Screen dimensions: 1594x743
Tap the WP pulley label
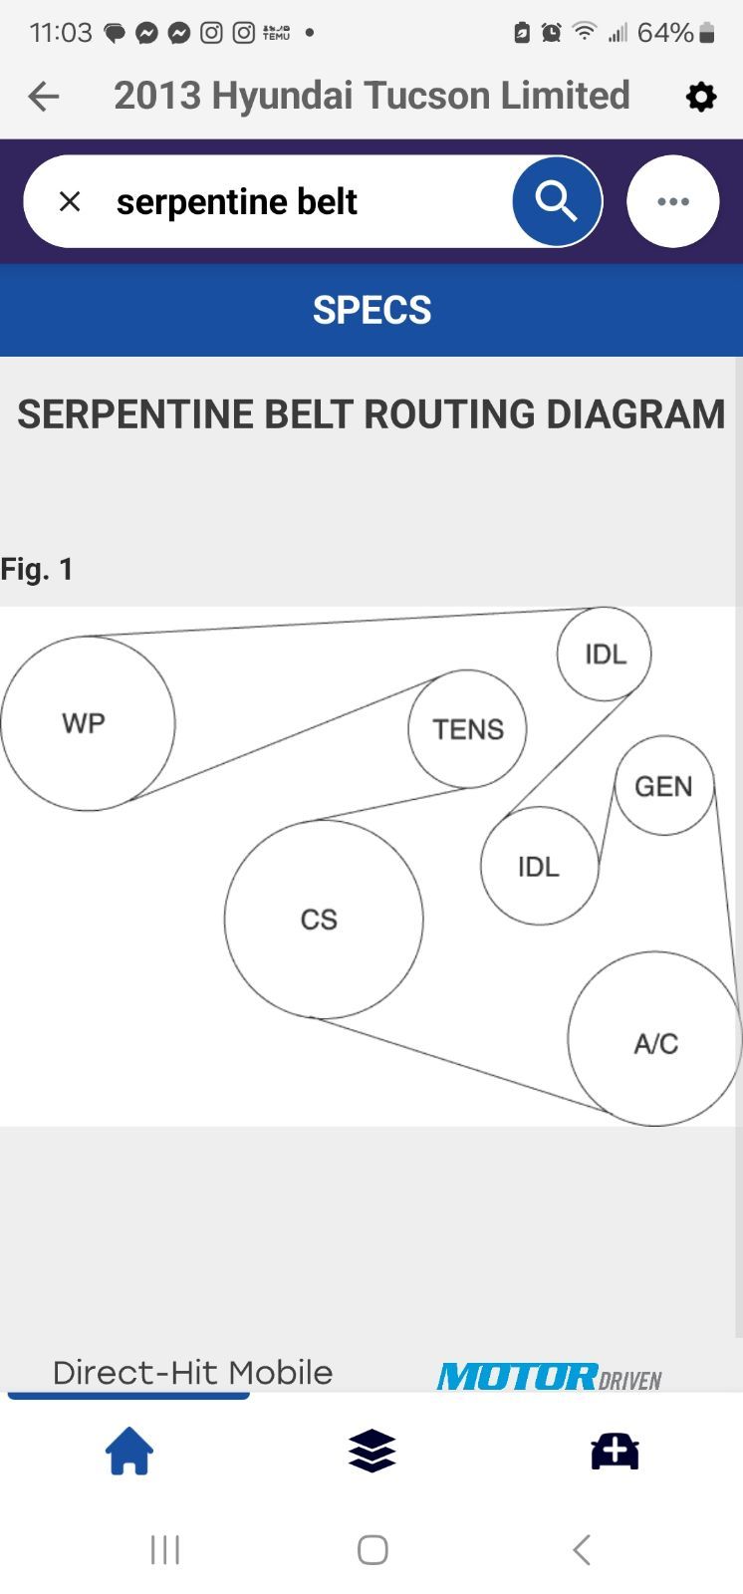(x=84, y=723)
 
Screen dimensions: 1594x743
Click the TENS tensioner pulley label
(x=467, y=729)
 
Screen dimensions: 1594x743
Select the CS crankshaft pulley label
(x=319, y=919)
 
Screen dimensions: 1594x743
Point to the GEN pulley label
(x=663, y=786)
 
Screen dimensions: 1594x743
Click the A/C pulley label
(x=655, y=1043)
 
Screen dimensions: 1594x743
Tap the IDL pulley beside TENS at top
(x=605, y=655)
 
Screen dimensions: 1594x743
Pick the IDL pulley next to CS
(x=539, y=867)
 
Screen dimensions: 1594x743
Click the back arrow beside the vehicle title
(x=44, y=97)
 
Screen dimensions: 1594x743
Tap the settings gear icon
(x=701, y=97)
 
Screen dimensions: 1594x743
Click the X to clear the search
(x=70, y=201)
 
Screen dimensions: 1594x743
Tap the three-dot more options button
(x=672, y=201)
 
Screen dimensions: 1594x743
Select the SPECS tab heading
(x=371, y=310)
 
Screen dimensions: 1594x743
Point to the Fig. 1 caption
(x=37, y=569)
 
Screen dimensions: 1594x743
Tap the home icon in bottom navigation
(x=129, y=1451)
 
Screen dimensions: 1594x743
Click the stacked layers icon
(x=371, y=1451)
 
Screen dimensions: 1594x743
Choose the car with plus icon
(x=615, y=1451)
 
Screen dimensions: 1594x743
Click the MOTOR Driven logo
(x=549, y=1377)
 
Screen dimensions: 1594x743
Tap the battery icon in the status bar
(x=707, y=33)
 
